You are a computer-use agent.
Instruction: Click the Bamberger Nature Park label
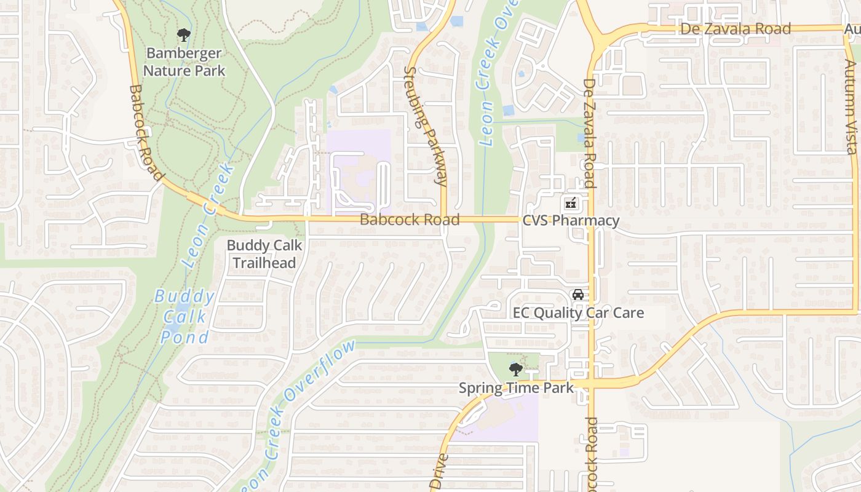tap(184, 62)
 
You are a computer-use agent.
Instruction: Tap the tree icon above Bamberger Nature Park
tap(183, 35)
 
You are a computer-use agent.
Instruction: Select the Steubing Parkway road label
tap(425, 125)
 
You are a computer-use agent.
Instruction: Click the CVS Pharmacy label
tap(571, 221)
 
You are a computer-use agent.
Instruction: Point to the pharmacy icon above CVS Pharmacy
tap(571, 202)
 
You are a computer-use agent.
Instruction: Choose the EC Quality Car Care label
tap(578, 312)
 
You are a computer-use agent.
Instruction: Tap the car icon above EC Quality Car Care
tap(578, 295)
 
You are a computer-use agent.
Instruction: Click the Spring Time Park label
tap(516, 388)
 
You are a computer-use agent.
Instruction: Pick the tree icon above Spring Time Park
tap(515, 370)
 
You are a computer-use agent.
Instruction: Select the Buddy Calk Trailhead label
tap(264, 254)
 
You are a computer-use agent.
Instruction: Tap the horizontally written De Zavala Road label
tap(736, 29)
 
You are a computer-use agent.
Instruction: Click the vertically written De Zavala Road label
tap(589, 133)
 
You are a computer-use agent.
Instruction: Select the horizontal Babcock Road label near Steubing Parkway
tap(410, 220)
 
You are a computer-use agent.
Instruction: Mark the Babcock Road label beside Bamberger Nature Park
tap(146, 133)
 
